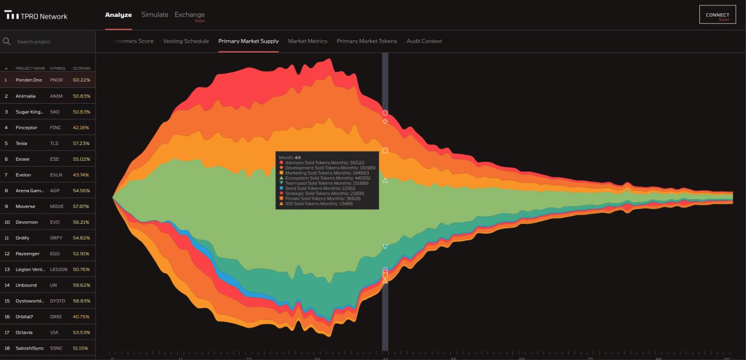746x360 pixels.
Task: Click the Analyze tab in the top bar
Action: coord(118,15)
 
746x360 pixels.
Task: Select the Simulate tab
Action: coord(154,15)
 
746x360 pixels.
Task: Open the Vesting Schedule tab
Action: coord(186,41)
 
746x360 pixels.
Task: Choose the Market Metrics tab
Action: coord(308,41)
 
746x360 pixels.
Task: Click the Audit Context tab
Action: coord(424,41)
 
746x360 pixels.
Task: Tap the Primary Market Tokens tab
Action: coord(367,41)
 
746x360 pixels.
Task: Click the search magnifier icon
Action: coord(7,41)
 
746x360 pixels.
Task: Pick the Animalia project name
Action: coord(26,96)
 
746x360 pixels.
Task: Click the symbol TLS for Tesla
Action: coord(54,143)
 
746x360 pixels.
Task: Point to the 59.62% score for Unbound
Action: coord(82,285)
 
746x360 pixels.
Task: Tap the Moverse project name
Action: coord(26,206)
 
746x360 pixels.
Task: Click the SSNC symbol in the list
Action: coord(57,348)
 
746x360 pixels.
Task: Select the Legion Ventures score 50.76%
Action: coord(82,270)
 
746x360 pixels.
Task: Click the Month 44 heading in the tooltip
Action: coord(290,157)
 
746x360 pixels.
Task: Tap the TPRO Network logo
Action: coord(36,16)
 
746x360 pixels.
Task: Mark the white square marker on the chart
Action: coord(385,151)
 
